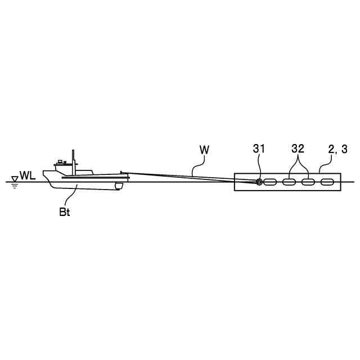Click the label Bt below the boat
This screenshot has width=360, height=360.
[x=65, y=213]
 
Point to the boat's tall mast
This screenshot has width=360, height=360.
[x=73, y=159]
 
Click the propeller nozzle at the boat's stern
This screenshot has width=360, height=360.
[x=118, y=186]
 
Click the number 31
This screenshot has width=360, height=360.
[x=259, y=149]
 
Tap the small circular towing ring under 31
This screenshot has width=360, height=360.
[x=259, y=182]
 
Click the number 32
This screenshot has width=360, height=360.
[x=298, y=149]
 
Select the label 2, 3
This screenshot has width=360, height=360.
[x=337, y=149]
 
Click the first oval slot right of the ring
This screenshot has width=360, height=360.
[x=271, y=182]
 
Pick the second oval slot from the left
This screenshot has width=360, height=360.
[x=289, y=182]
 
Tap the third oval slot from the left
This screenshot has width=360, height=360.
[x=308, y=182]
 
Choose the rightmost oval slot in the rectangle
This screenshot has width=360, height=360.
[x=326, y=182]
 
